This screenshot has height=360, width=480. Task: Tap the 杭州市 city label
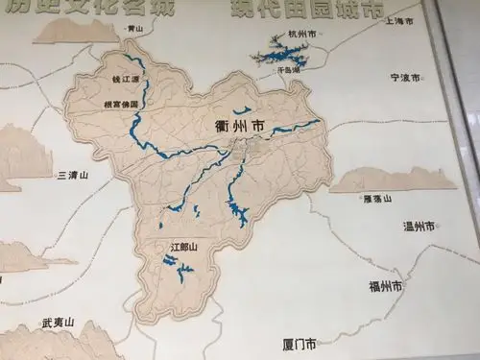click(300, 34)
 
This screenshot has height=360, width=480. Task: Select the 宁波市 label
click(405, 77)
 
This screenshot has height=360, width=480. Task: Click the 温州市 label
click(420, 227)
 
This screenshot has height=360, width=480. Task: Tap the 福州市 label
click(385, 286)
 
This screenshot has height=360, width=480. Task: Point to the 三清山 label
click(73, 176)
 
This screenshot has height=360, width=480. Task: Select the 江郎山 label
click(182, 247)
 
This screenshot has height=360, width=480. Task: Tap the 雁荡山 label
click(379, 198)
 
